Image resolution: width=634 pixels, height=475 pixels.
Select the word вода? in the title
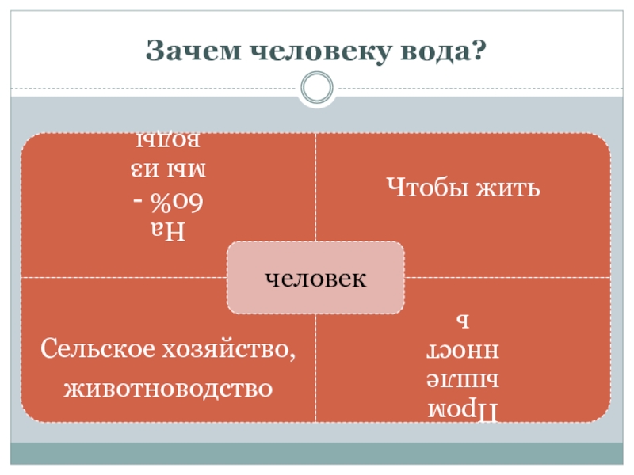[448, 51]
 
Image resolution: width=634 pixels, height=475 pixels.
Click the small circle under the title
[317, 87]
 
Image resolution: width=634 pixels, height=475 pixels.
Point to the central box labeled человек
[315, 278]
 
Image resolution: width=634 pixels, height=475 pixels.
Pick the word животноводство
[168, 388]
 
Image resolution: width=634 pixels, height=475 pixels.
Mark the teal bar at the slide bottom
[317, 453]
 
